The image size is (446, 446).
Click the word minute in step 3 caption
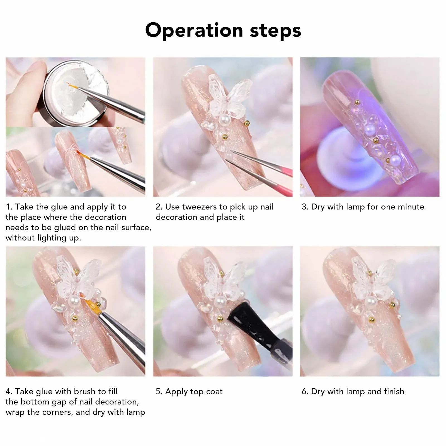pyautogui.click(x=411, y=207)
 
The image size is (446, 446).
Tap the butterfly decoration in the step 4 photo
pyautogui.click(x=79, y=274)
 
